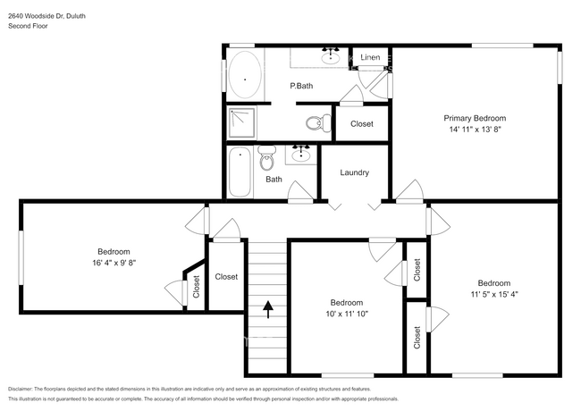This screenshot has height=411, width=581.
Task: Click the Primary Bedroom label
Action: (x=476, y=118)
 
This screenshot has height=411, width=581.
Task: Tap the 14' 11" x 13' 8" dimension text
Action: (x=476, y=130)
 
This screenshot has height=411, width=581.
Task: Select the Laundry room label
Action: (x=355, y=172)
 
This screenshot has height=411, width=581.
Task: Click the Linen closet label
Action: (x=371, y=58)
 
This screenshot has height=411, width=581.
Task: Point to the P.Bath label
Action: (x=301, y=86)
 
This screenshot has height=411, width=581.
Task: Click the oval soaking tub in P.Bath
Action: (x=244, y=74)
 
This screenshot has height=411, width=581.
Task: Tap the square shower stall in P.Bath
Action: (x=241, y=123)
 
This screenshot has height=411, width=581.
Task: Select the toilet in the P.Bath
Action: (x=315, y=123)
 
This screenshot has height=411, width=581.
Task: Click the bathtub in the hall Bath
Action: (x=240, y=172)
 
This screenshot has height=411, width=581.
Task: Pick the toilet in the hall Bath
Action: (x=267, y=161)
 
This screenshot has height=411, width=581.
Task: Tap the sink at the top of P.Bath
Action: (x=332, y=56)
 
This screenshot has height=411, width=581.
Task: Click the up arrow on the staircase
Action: (x=267, y=309)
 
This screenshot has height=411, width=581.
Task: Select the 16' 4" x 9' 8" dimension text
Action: (x=114, y=264)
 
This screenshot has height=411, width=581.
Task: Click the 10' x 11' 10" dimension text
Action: (x=347, y=315)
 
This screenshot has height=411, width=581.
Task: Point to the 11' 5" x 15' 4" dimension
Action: (x=493, y=295)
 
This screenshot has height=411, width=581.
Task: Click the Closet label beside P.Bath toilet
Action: (x=362, y=123)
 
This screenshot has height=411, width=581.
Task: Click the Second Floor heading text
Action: (x=29, y=26)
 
